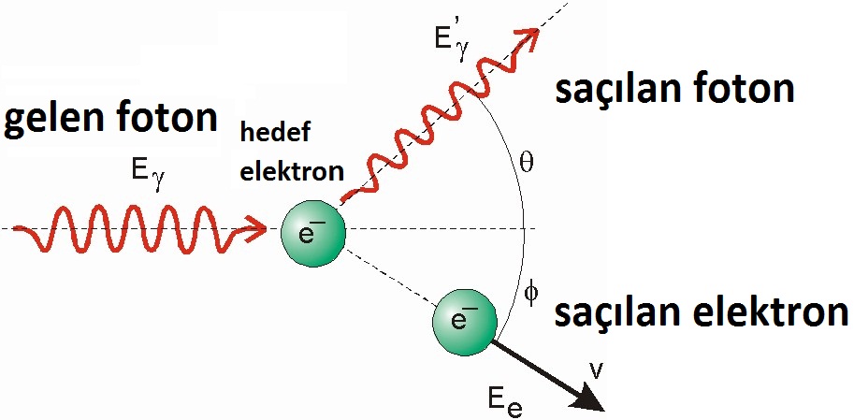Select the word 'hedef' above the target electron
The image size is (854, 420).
pos(268,135)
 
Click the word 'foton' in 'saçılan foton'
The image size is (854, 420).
pos(747,90)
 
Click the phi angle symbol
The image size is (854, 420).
pos(530,293)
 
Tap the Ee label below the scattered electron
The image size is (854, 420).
pos(503,403)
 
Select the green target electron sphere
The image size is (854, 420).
pos(313,230)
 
